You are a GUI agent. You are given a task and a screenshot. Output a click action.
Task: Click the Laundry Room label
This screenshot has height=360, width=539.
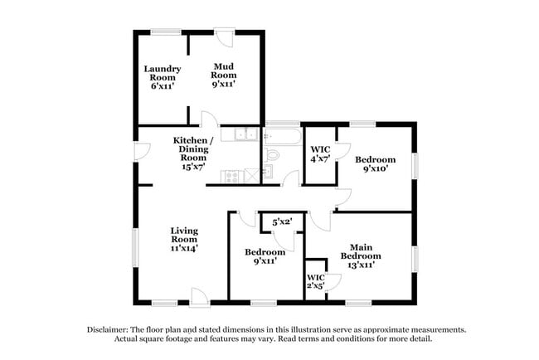pyautogui.click(x=163, y=76)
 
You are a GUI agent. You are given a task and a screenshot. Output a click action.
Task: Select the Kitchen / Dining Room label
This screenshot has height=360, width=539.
pyautogui.click(x=193, y=148)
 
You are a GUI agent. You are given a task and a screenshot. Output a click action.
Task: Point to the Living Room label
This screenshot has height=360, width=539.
pyautogui.click(x=185, y=238)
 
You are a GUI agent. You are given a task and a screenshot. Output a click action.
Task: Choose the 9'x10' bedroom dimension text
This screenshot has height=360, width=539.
pyautogui.click(x=375, y=168)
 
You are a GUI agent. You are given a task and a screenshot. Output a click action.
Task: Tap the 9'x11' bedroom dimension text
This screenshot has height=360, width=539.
pyautogui.click(x=265, y=260)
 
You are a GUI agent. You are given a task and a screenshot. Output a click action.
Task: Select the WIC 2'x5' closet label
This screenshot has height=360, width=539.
pyautogui.click(x=316, y=281)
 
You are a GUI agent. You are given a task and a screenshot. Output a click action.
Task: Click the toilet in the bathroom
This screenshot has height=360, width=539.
pyautogui.click(x=274, y=154)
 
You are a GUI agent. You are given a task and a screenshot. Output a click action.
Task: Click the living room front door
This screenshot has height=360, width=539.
pyautogui.click(x=197, y=295)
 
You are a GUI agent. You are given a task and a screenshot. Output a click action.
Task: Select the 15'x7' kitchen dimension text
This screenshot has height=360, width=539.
pyautogui.click(x=192, y=167)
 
